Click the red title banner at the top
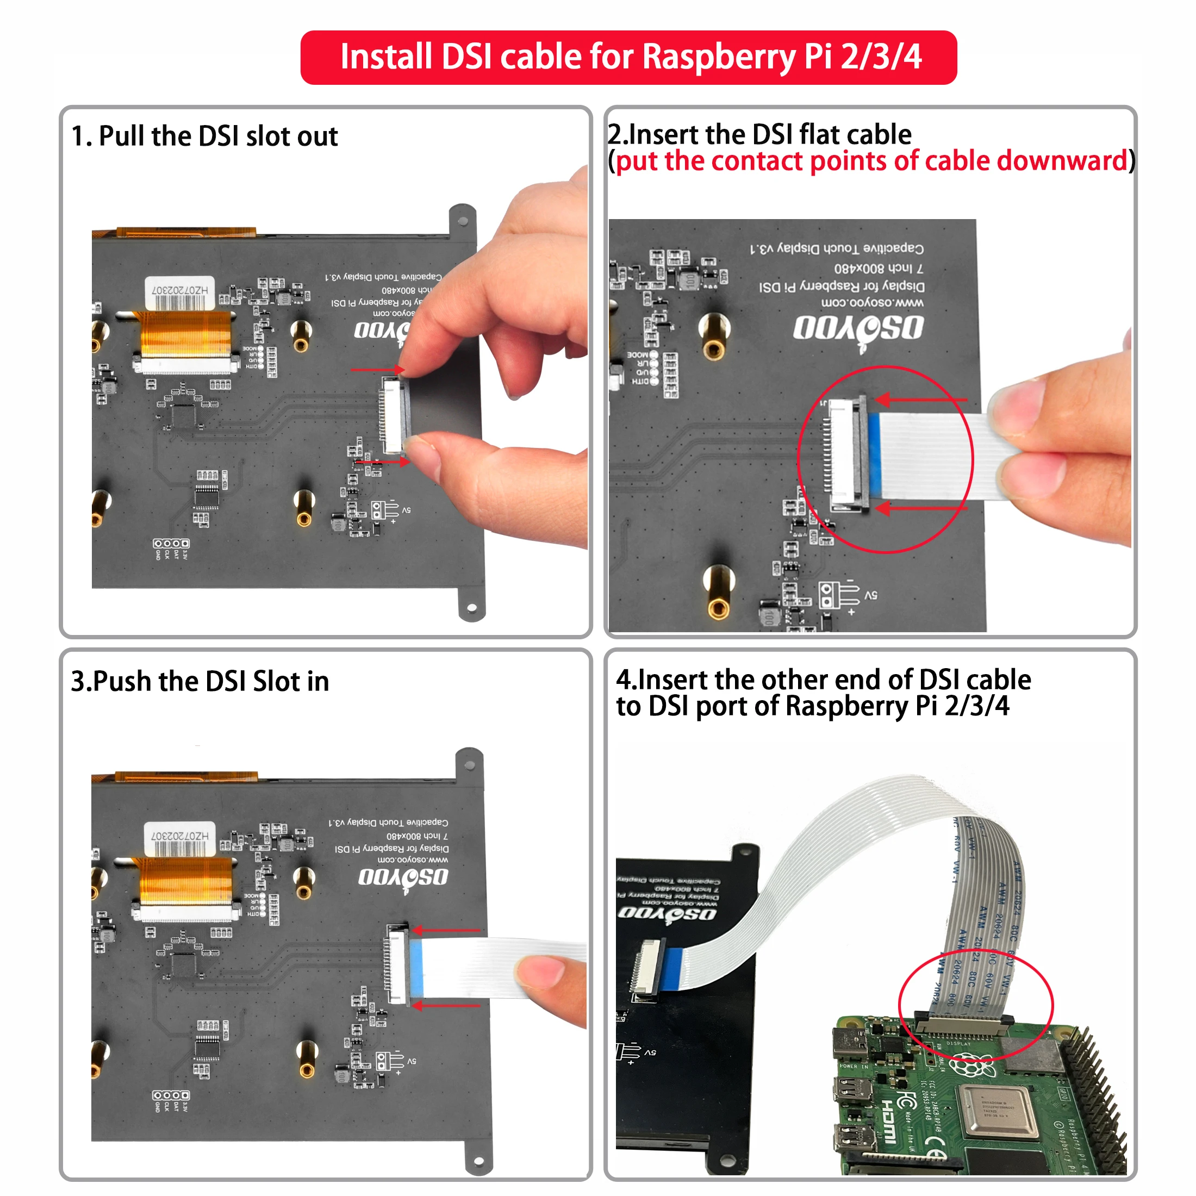pos(628,57)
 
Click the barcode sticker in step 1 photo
pos(179,294)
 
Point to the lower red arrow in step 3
pos(446,1005)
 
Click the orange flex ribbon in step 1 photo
pos(186,334)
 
